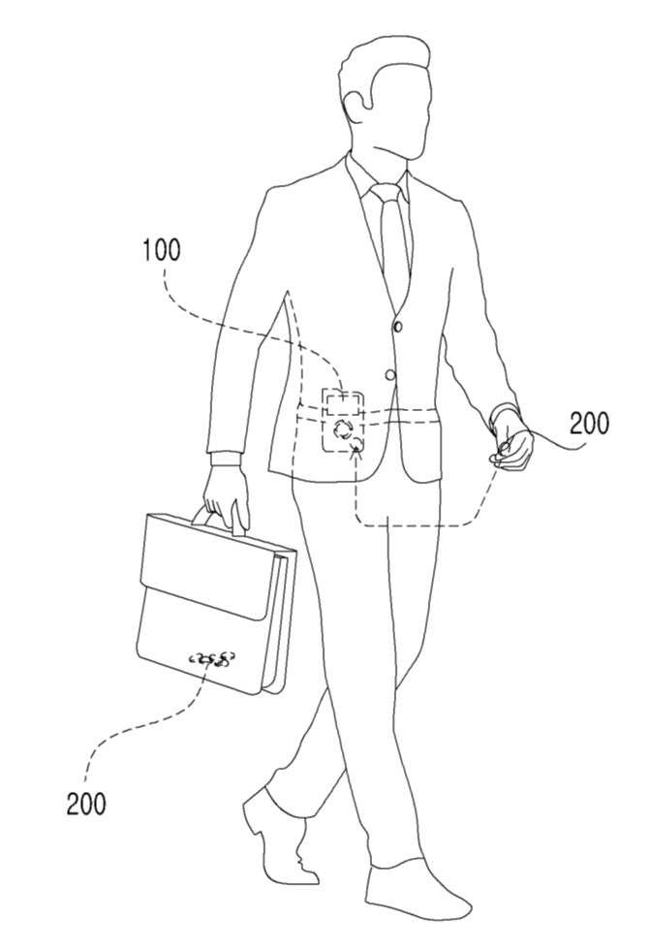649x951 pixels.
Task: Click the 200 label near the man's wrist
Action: [x=590, y=424]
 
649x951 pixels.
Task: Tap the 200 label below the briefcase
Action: [x=86, y=804]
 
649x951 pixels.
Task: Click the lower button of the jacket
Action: [x=389, y=374]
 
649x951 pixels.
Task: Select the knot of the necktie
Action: [x=386, y=194]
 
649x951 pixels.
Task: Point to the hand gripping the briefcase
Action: [x=226, y=496]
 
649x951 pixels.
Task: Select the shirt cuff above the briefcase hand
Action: [x=225, y=459]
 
